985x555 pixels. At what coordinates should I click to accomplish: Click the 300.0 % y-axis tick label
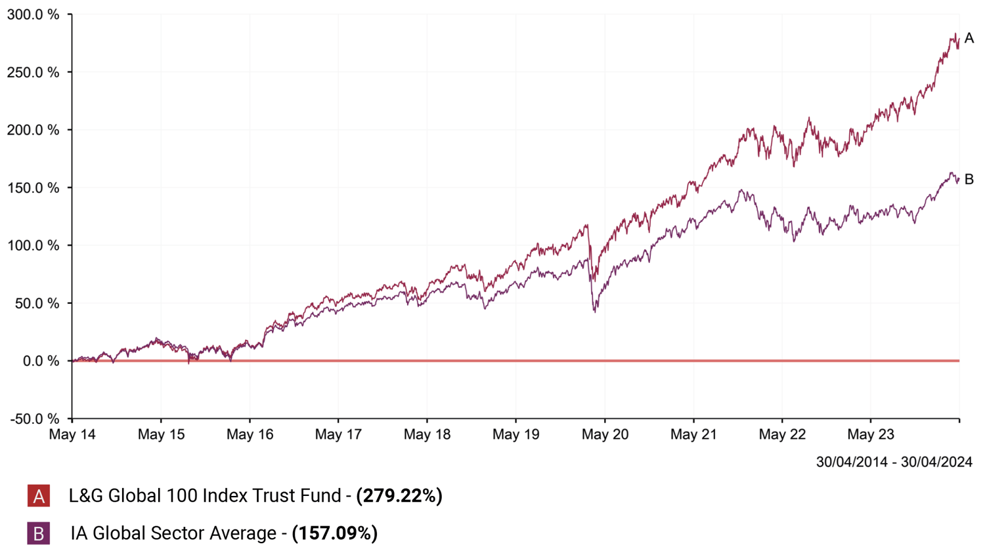coord(33,14)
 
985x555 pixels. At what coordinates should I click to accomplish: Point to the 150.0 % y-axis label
coord(33,188)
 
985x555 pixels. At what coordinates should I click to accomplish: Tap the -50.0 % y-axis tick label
coord(34,419)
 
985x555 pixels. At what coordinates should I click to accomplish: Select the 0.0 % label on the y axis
coord(41,361)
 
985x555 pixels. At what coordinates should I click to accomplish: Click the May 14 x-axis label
coord(72,434)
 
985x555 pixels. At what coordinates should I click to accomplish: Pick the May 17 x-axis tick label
coord(338,434)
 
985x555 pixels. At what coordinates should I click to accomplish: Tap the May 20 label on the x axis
coord(605,434)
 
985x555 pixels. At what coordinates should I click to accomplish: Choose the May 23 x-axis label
coord(871,434)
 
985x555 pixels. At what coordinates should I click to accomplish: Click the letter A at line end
coord(969,39)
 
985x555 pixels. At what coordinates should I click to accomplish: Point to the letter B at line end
coord(969,179)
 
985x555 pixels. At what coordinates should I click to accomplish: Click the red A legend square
coord(39,496)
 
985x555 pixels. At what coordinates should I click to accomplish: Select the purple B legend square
coord(39,533)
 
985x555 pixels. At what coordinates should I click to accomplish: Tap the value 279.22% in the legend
coord(399,496)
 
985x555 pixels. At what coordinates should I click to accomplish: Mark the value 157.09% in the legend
coord(335,533)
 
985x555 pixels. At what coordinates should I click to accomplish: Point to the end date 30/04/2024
coord(936,462)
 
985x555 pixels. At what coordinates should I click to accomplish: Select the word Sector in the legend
coord(177,533)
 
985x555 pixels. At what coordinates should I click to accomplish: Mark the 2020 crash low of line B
coord(595,311)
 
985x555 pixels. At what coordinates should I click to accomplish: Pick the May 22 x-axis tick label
coord(782,434)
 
